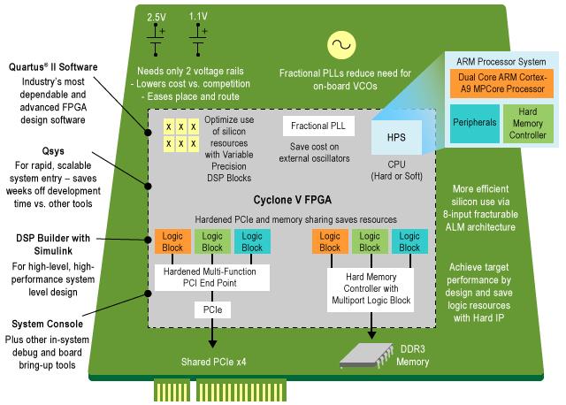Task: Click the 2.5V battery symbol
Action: pyautogui.click(x=157, y=46)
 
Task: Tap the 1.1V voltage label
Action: pyautogui.click(x=198, y=17)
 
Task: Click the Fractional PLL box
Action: pyautogui.click(x=318, y=126)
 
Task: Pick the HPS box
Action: pyautogui.click(x=396, y=137)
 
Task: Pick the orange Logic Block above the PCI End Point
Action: pyautogui.click(x=171, y=241)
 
